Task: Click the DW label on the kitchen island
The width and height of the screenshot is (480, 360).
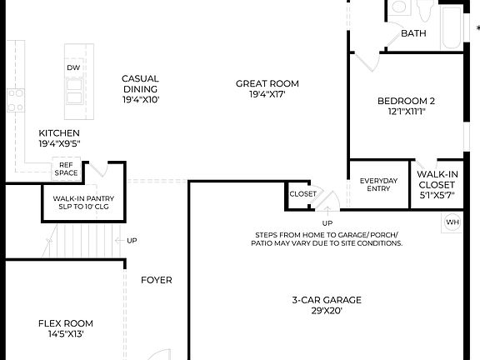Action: click(73, 67)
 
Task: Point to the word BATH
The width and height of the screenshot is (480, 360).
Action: click(413, 34)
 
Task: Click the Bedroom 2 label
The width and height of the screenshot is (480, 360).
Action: click(407, 102)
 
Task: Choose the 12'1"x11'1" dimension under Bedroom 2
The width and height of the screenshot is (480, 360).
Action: click(407, 112)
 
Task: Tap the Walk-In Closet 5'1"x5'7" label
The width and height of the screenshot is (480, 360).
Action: click(437, 184)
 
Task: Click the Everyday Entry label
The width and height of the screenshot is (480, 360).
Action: click(378, 184)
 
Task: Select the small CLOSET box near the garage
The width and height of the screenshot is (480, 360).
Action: click(302, 194)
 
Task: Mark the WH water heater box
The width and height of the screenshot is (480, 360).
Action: click(452, 222)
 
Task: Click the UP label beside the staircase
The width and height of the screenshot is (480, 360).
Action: click(132, 241)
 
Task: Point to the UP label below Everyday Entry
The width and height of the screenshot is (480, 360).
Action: click(327, 223)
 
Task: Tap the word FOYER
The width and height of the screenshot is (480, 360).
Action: click(156, 280)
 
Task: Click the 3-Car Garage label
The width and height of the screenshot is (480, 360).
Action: click(327, 300)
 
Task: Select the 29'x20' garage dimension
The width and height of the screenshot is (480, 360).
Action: click(327, 310)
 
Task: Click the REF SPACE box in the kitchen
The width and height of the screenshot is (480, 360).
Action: click(67, 169)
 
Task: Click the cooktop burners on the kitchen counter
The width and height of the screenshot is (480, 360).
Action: click(15, 101)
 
